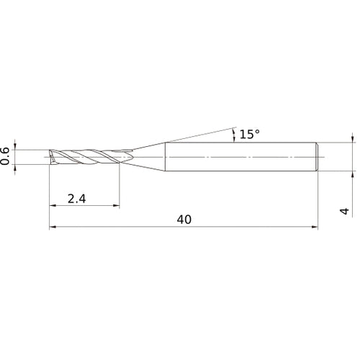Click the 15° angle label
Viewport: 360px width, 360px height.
pyautogui.click(x=250, y=134)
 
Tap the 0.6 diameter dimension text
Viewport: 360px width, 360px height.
pyautogui.click(x=5, y=156)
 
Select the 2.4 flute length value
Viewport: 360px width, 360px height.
pyautogui.click(x=76, y=199)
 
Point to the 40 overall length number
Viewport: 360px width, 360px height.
pyautogui.click(x=184, y=220)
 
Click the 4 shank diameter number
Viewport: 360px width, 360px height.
pyautogui.click(x=345, y=211)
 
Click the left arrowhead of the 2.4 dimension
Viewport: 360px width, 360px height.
pyautogui.click(x=53, y=205)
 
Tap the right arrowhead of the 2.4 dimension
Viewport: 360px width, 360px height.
pyautogui.click(x=116, y=205)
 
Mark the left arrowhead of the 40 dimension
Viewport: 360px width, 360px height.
pyautogui.click(x=53, y=227)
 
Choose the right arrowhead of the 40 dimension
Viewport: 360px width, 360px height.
pyautogui.click(x=315, y=227)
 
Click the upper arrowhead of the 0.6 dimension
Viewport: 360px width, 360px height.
pyautogui.click(x=15, y=147)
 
